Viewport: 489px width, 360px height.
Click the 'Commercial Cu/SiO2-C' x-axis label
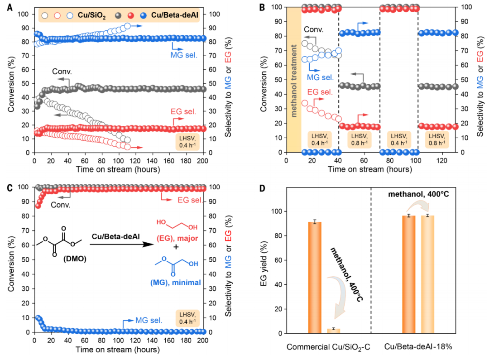coord(322,347)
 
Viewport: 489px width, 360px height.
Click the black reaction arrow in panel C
coord(120,245)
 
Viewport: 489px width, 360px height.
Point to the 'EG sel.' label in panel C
coord(176,198)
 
